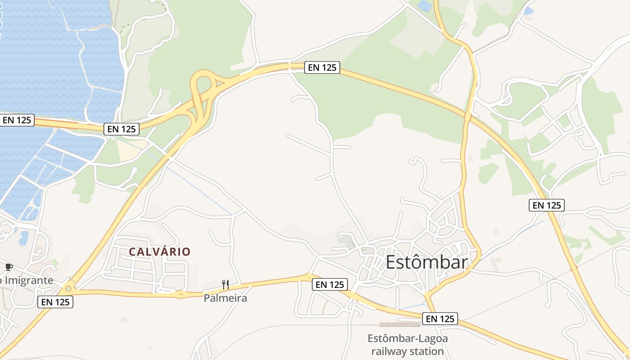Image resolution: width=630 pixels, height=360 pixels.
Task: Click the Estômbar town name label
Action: coord(426,262)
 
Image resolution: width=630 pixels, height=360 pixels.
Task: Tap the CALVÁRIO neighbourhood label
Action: coord(160,252)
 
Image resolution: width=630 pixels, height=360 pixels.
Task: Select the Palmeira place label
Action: coord(225,298)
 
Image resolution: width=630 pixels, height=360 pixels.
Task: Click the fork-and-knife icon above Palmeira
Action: coord(225,284)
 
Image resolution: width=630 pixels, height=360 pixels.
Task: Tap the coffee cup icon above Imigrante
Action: coord(9,267)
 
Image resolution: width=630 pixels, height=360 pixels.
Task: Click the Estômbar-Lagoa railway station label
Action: coord(408,344)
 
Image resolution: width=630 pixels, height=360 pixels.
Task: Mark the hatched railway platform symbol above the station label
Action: coord(394,324)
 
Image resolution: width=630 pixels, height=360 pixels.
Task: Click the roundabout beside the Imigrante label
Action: coord(68,288)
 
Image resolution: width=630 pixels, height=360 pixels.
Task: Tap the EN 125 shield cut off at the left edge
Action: coord(17,120)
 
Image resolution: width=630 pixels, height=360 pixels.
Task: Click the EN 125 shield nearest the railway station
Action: coord(440,319)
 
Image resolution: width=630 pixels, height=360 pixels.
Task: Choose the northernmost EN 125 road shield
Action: coord(322,68)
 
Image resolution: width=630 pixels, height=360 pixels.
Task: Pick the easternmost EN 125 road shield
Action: coord(546,205)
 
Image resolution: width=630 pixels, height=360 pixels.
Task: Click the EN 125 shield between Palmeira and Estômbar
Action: coord(330,284)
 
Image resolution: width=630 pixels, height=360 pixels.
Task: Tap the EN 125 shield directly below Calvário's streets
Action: coord(55,302)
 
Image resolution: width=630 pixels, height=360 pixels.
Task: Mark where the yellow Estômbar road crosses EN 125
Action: coord(468,116)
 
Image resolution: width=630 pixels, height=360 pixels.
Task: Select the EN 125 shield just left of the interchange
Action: coord(121,129)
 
